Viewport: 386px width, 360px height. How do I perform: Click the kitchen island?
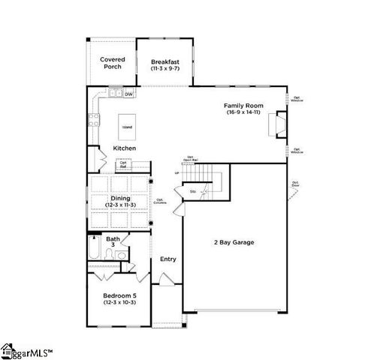click(128, 127)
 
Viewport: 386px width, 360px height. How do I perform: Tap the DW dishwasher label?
click(129, 94)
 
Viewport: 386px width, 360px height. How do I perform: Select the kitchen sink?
click(116, 94)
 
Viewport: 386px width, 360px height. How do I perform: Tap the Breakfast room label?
click(164, 61)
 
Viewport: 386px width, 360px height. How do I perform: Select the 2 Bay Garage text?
click(234, 242)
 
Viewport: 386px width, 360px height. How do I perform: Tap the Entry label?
click(168, 259)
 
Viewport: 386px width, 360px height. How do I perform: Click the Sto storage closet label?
click(193, 192)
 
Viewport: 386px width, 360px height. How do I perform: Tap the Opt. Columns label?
click(159, 200)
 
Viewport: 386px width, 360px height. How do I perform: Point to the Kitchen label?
click(124, 148)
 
